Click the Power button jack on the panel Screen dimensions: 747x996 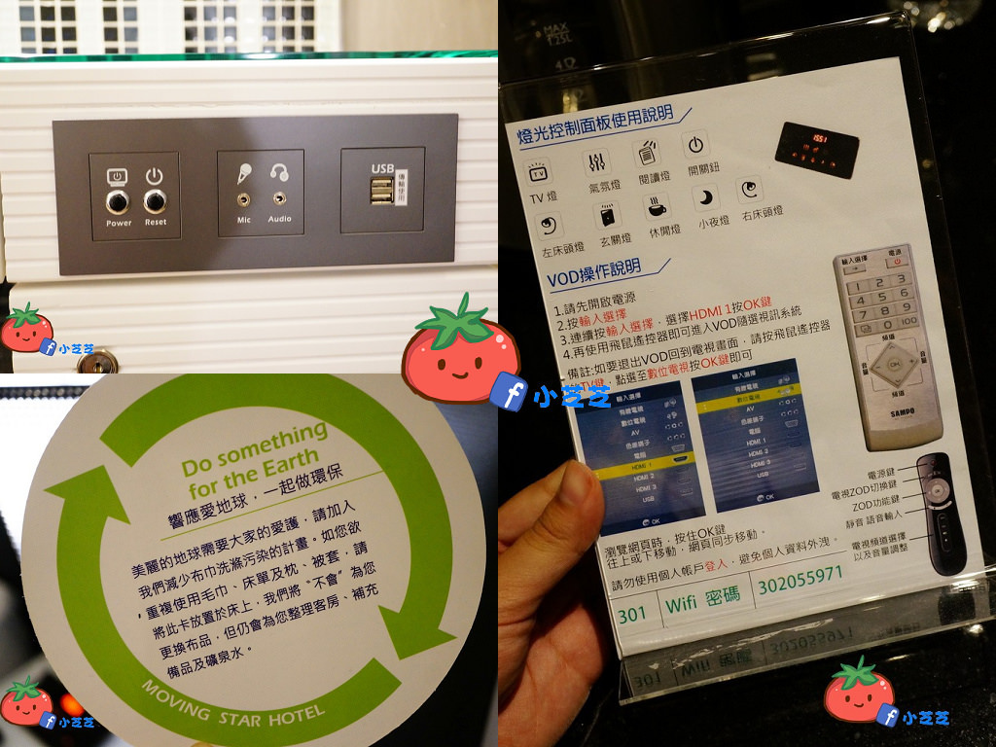click(x=119, y=201)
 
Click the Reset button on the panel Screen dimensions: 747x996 click(x=155, y=201)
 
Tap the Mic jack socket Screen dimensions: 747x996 click(x=242, y=198)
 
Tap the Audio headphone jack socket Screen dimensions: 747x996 click(x=279, y=198)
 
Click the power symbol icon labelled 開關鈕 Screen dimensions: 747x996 click(x=694, y=146)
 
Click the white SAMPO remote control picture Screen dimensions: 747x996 click(x=887, y=345)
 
